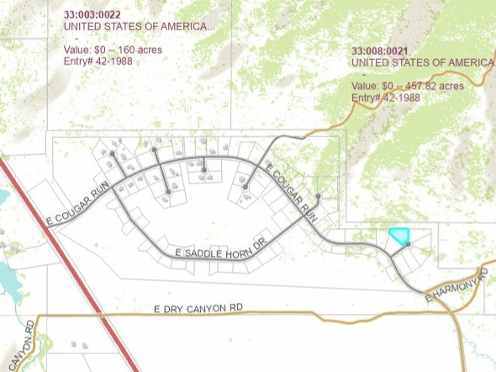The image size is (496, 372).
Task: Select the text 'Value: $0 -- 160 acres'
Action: click(113, 50)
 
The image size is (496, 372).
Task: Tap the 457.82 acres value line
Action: click(407, 86)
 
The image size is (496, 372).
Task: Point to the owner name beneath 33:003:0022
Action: click(139, 26)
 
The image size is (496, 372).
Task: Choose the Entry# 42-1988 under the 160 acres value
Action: click(98, 61)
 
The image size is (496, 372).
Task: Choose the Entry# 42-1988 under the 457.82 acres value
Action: click(386, 98)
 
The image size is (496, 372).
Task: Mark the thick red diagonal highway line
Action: click(67, 261)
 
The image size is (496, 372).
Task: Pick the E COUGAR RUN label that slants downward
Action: click(293, 192)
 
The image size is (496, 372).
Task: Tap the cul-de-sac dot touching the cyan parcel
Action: click(408, 244)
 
